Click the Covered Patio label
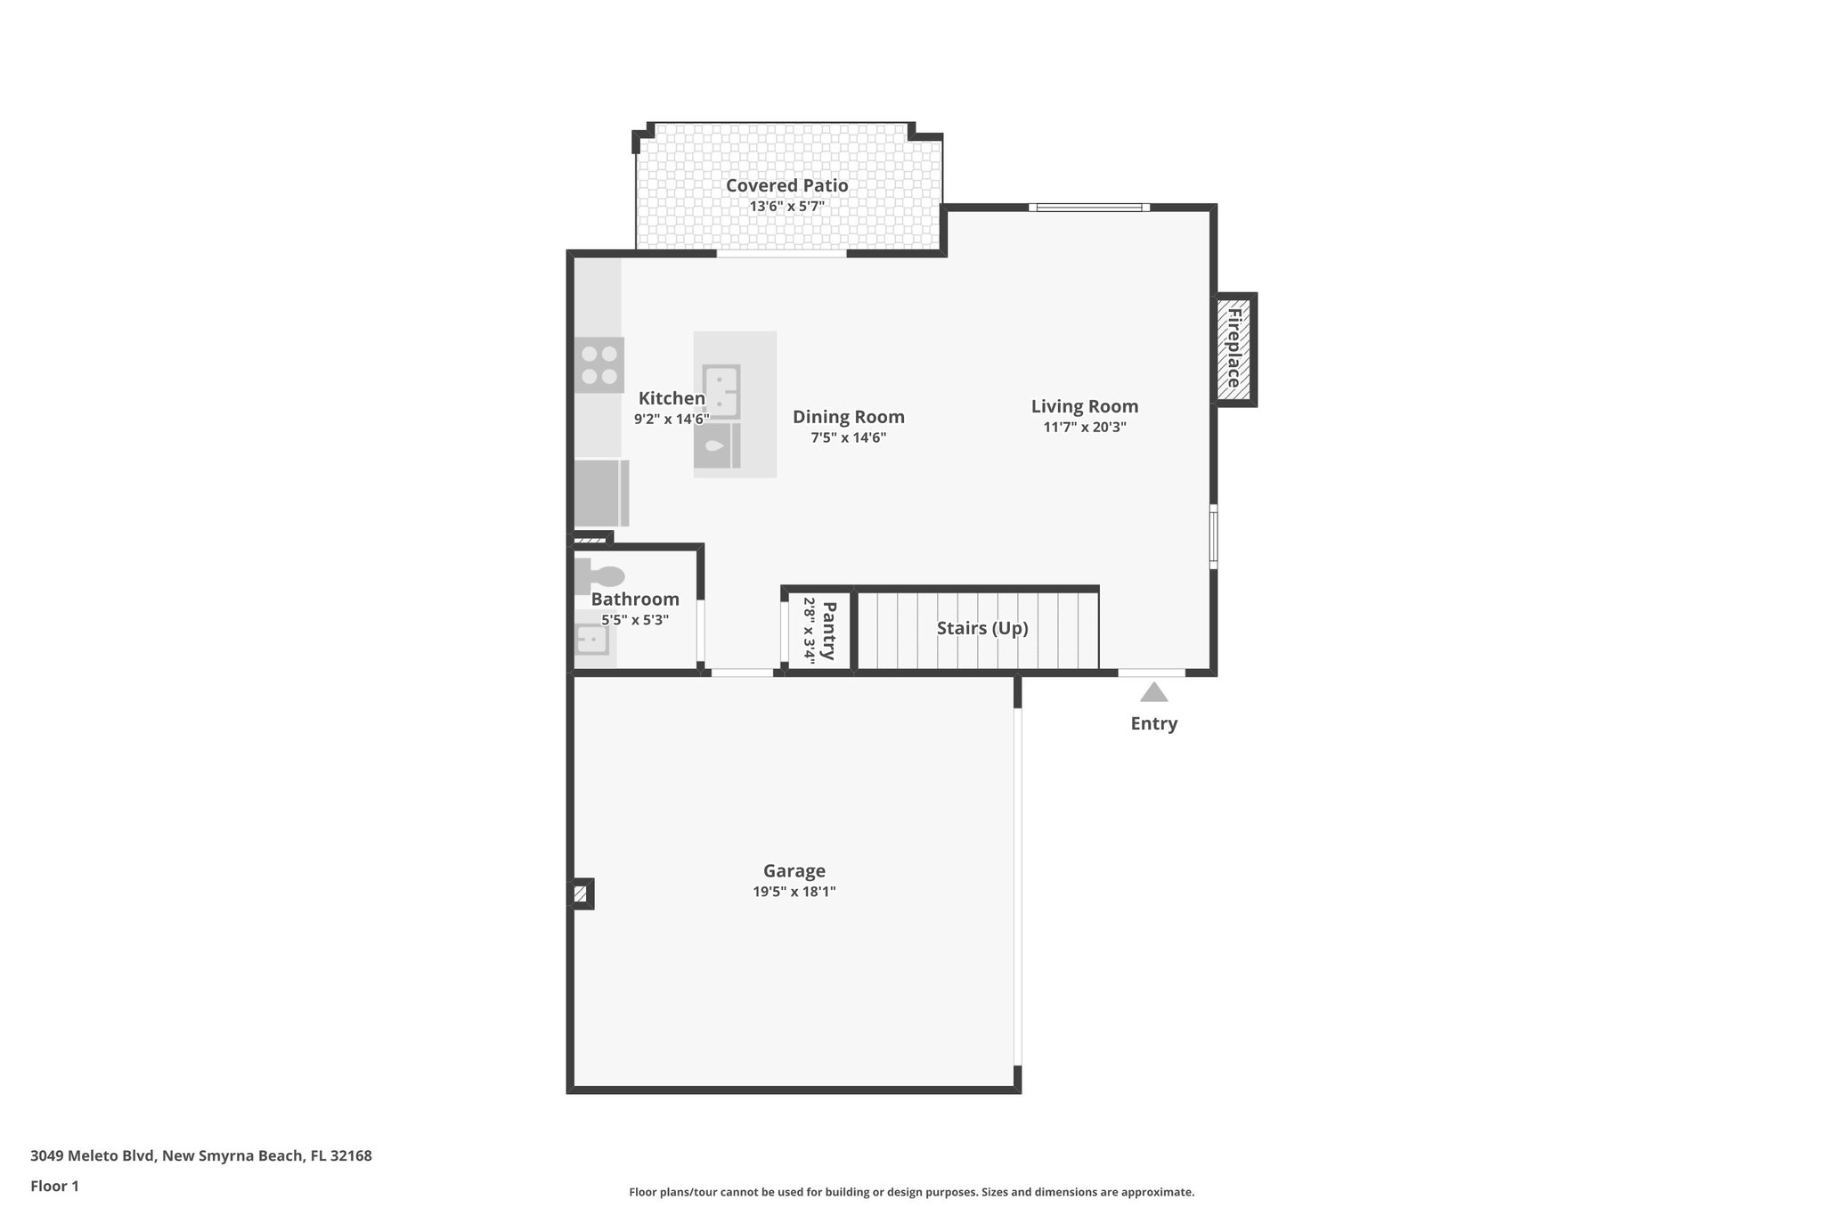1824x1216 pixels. [x=786, y=185]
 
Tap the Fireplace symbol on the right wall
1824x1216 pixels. [x=1234, y=348]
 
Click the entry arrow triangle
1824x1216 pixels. [x=1153, y=692]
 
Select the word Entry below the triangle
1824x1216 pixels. [x=1153, y=723]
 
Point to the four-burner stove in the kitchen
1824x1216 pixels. [x=598, y=365]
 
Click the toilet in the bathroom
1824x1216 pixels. [x=600, y=576]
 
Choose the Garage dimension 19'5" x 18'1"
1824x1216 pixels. [x=794, y=892]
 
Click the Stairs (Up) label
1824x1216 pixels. [x=981, y=628]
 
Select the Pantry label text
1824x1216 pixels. [x=828, y=631]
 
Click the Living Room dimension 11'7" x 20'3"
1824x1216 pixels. [x=1084, y=427]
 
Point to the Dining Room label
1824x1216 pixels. [x=848, y=417]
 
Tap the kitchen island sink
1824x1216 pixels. [x=721, y=391]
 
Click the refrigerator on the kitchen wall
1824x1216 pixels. [x=600, y=493]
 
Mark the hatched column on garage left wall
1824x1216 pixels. [x=581, y=894]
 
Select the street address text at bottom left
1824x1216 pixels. [x=200, y=1156]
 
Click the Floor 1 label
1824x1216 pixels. [x=54, y=1186]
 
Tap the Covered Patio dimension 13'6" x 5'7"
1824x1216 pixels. [x=786, y=207]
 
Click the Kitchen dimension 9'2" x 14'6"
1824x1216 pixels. [x=672, y=419]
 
